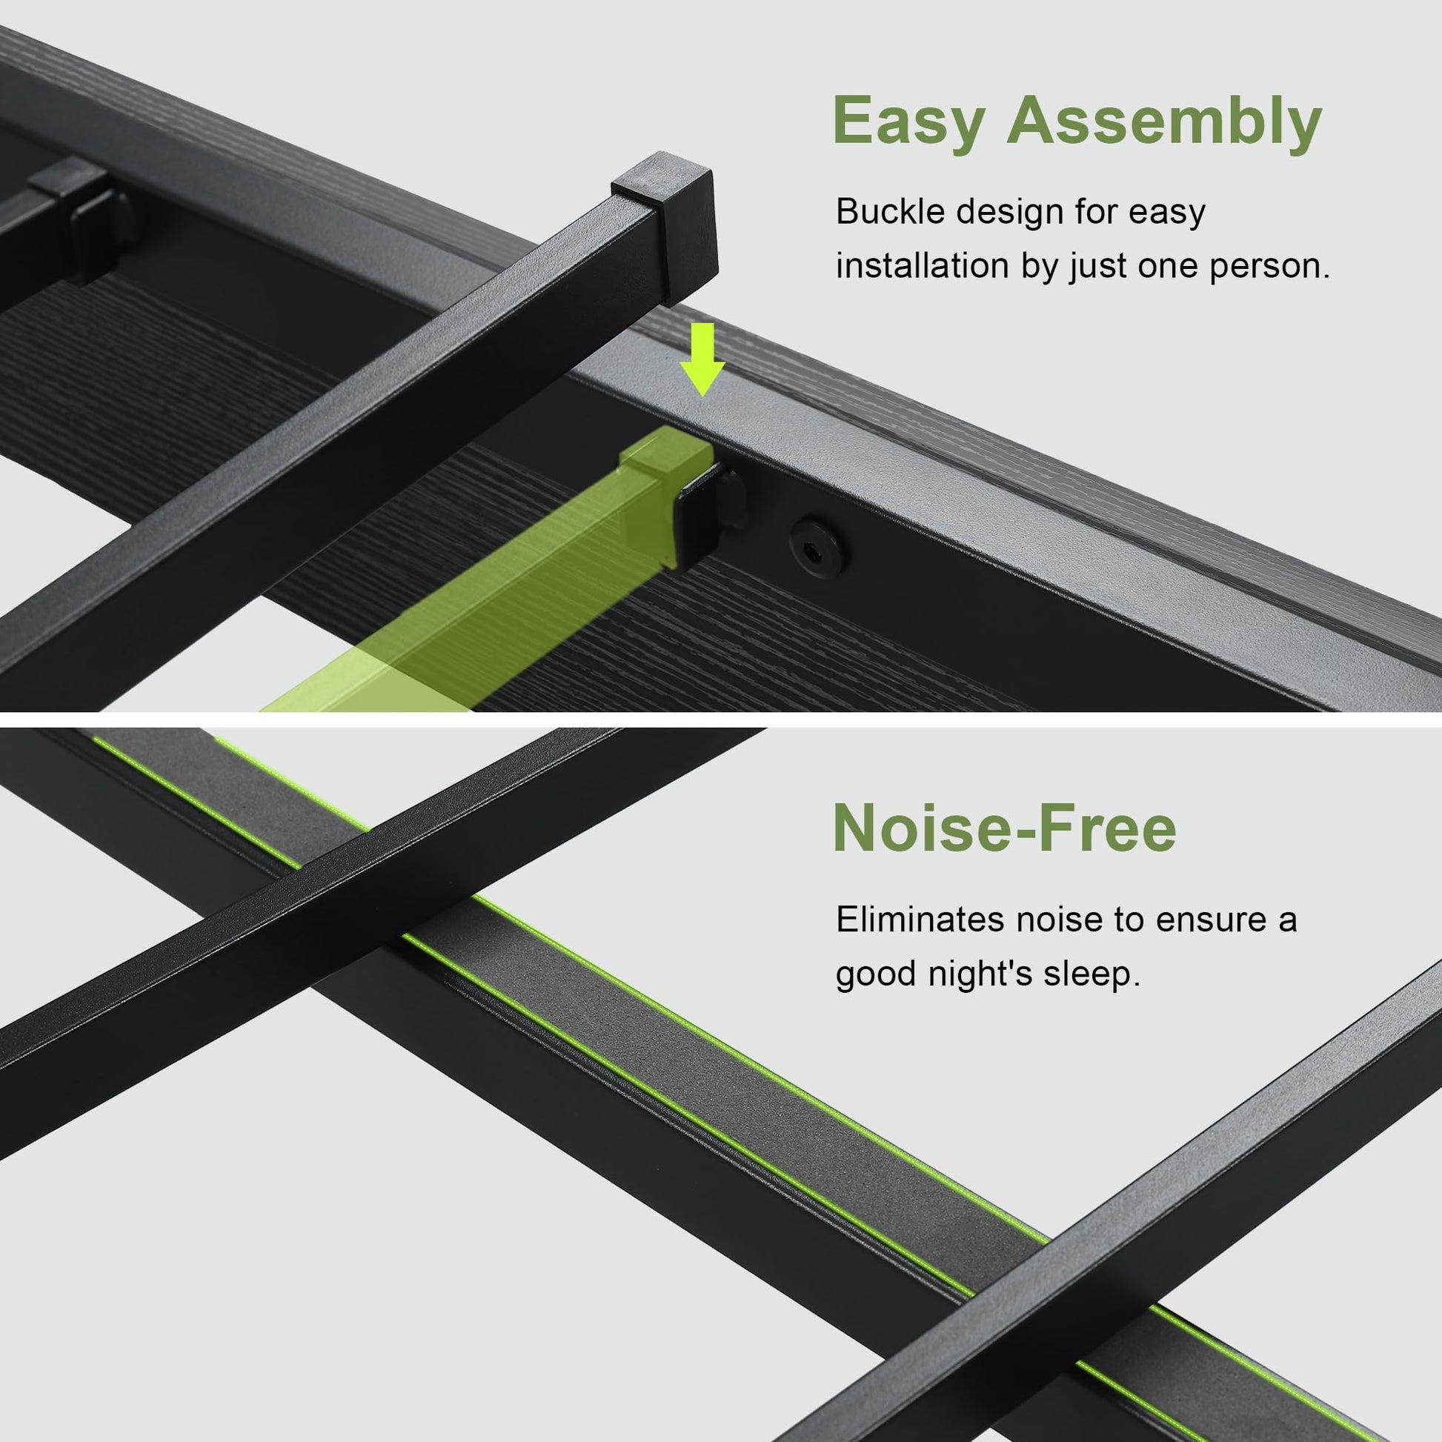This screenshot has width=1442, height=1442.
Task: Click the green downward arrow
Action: click(702, 359)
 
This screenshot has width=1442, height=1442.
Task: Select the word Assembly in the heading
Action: click(1165, 121)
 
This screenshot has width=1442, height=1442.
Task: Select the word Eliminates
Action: click(920, 920)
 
